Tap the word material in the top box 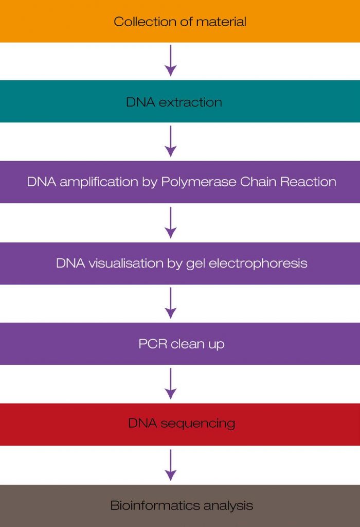pyautogui.click(x=221, y=22)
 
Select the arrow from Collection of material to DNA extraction pyautogui.click(x=171, y=61)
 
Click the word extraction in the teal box pyautogui.click(x=190, y=102)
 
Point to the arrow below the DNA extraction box pyautogui.click(x=171, y=141)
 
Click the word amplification pyautogui.click(x=99, y=182)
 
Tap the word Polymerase pyautogui.click(x=199, y=182)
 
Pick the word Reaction pyautogui.click(x=308, y=182)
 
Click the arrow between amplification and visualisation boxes pyautogui.click(x=171, y=222)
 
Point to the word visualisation pyautogui.click(x=125, y=263)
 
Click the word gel pyautogui.click(x=195, y=263)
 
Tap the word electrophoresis pyautogui.click(x=258, y=263)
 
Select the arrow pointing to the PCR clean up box pyautogui.click(x=171, y=303)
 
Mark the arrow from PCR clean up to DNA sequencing pyautogui.click(x=171, y=383)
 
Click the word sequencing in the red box pyautogui.click(x=198, y=424)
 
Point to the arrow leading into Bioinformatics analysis pyautogui.click(x=171, y=465)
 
